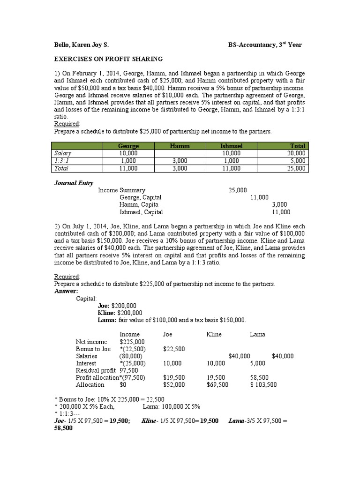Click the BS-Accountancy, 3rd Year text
(x=265, y=45)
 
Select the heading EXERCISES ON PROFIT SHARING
(x=108, y=59)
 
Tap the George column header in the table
(x=128, y=146)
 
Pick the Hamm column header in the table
(x=180, y=146)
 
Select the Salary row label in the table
(x=63, y=153)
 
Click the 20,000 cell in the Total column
(x=296, y=153)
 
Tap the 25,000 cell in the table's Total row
(x=296, y=168)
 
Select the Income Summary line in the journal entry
(x=121, y=190)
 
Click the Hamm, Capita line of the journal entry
(x=139, y=205)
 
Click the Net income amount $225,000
(x=132, y=342)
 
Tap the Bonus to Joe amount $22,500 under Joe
(x=173, y=349)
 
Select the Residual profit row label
(x=91, y=370)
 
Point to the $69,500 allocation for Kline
(x=217, y=385)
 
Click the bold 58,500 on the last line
(x=64, y=429)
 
